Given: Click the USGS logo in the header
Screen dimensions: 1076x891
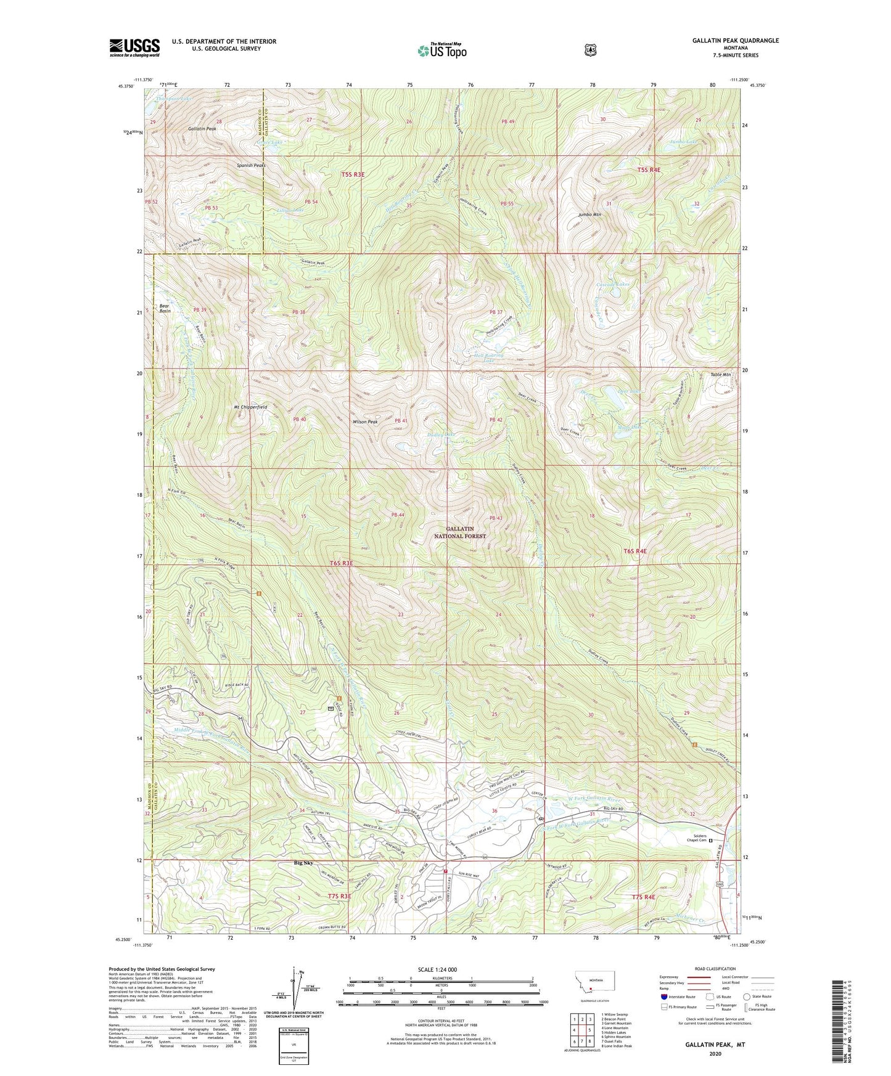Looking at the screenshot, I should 134,47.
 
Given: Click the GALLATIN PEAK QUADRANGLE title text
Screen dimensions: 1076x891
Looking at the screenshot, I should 734,41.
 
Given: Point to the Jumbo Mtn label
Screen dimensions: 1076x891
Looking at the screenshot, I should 589,214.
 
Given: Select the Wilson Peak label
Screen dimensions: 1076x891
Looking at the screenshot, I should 364,422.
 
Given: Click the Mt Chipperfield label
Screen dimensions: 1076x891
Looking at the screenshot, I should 250,407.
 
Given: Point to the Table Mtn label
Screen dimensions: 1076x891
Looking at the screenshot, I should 720,375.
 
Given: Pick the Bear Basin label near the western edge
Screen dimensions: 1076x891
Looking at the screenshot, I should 165,309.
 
